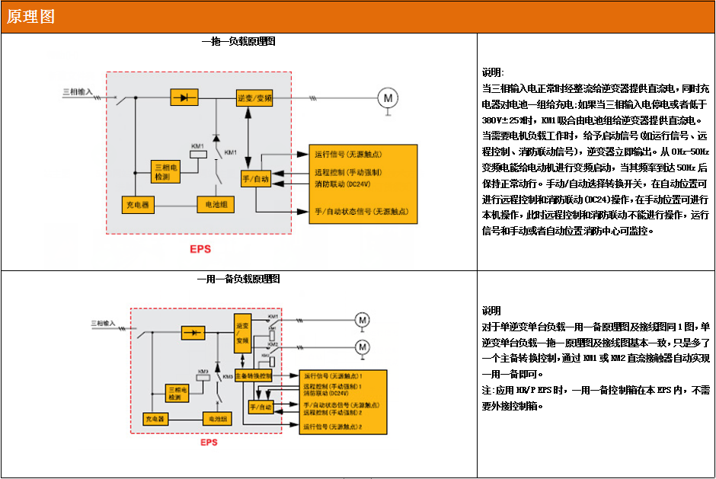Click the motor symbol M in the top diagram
tap(388, 97)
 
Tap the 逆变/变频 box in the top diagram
tap(254, 98)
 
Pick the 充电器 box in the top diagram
tap(139, 205)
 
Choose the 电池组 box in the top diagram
tap(215, 205)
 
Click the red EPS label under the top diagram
tap(200, 249)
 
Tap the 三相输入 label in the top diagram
tap(77, 91)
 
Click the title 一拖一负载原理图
tap(238, 41)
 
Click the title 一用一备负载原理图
tap(238, 279)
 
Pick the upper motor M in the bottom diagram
tap(363, 319)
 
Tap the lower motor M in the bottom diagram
tap(363, 346)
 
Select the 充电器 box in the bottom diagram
tap(155, 419)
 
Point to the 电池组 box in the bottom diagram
tap(213, 419)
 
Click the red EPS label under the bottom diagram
tap(209, 442)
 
